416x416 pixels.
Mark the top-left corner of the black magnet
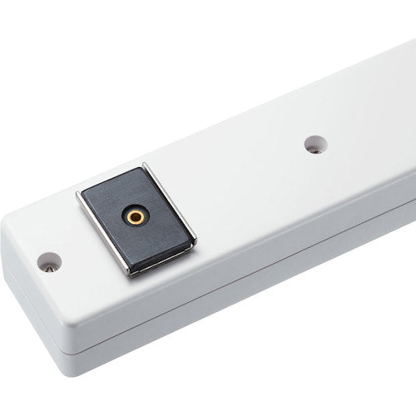click(83, 197)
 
